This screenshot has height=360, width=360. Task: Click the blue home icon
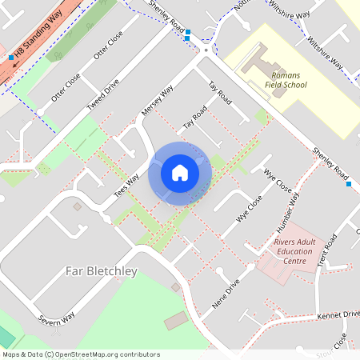[x=179, y=172]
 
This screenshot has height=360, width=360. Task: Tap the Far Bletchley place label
[x=101, y=271]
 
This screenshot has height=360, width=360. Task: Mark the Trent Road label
[x=322, y=256]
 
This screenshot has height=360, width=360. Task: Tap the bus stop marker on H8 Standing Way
[x=11, y=58]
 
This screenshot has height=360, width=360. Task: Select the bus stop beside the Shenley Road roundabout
[x=187, y=38]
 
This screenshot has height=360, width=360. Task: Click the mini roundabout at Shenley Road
[x=206, y=50]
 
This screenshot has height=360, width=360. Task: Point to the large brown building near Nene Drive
[x=176, y=322]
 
